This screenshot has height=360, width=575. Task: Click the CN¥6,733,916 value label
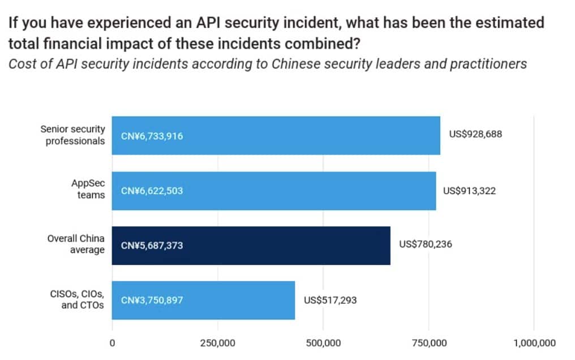coord(152,136)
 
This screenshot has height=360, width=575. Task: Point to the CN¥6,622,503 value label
coord(152,191)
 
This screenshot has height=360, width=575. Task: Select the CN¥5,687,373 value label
coord(152,246)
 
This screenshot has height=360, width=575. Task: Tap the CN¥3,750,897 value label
coord(152,300)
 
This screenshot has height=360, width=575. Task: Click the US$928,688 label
coord(475,135)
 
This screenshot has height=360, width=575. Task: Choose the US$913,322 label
coord(469,191)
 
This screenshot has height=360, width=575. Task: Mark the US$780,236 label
coord(426,245)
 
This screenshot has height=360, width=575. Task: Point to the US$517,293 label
coord(331,299)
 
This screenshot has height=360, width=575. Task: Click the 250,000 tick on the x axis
coord(218,342)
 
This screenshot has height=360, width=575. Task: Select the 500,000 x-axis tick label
coord(323,342)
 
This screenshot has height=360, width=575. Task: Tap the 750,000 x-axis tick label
coord(428,342)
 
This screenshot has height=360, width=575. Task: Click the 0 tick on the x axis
coord(112,342)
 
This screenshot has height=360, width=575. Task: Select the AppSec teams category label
coord(88,189)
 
